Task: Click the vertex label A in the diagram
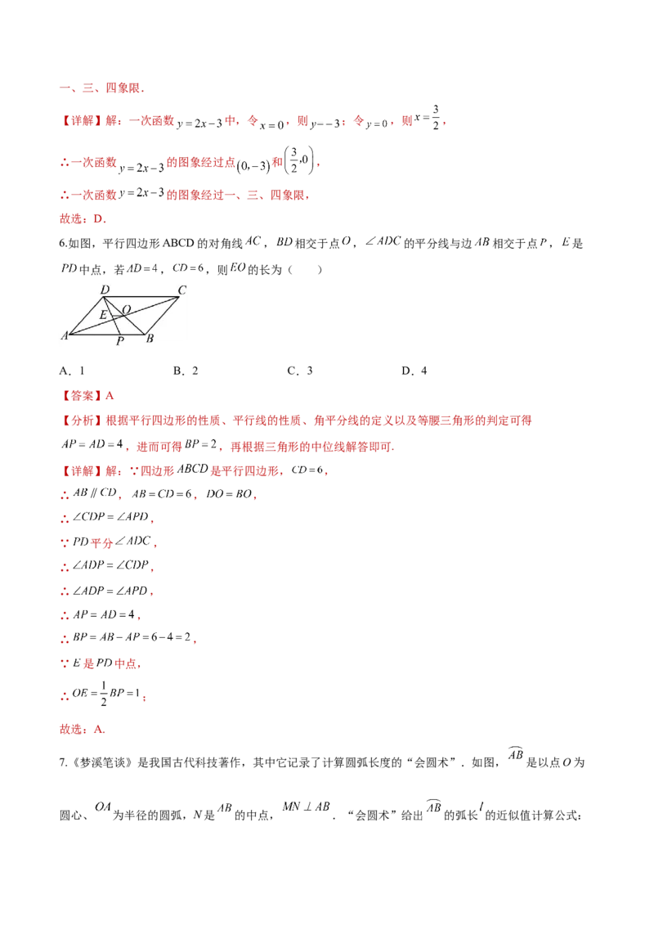point(64,335)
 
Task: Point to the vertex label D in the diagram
point(104,290)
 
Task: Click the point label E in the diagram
point(103,315)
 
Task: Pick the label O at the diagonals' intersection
point(126,309)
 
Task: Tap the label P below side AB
point(119,341)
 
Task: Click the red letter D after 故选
point(96,219)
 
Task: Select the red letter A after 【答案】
point(110,397)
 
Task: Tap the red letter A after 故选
point(96,729)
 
